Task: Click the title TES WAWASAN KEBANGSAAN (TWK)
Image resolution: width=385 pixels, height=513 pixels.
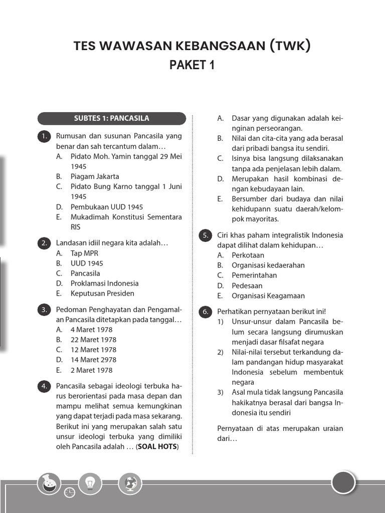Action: [x=192, y=46]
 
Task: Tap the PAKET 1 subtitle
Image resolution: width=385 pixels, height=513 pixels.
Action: [x=192, y=65]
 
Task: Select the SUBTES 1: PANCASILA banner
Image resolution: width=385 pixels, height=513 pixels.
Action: [x=111, y=119]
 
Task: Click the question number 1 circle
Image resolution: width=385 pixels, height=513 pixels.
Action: [x=45, y=136]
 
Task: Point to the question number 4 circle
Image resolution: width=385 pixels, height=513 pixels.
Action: [x=45, y=386]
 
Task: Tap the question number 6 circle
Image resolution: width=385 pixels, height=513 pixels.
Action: [x=206, y=312]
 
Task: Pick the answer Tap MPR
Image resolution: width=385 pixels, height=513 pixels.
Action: [x=84, y=253]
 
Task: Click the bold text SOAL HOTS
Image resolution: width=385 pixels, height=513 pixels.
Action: [x=157, y=446]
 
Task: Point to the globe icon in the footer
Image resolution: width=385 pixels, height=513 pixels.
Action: [x=130, y=483]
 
